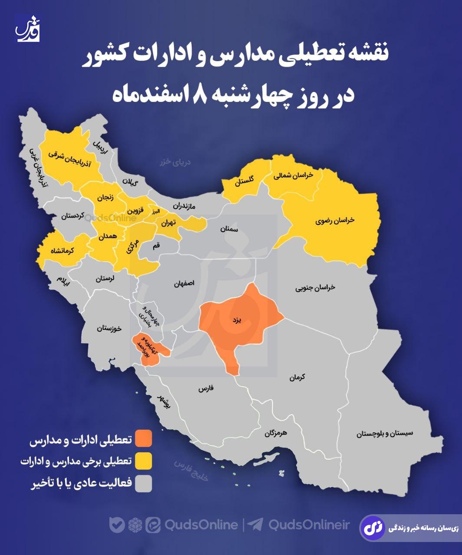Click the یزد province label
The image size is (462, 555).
[x=236, y=320]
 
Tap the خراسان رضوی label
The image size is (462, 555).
[x=335, y=220]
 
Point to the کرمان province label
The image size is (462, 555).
[x=298, y=377]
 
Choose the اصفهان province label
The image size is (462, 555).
[x=184, y=284]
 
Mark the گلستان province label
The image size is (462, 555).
[x=245, y=181]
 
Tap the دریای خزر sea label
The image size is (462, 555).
[x=176, y=162]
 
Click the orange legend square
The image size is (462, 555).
[x=144, y=438]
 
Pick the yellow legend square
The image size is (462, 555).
[x=144, y=461]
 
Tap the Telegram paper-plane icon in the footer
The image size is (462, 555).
[x=255, y=525]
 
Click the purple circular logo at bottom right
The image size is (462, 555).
[x=373, y=528]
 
